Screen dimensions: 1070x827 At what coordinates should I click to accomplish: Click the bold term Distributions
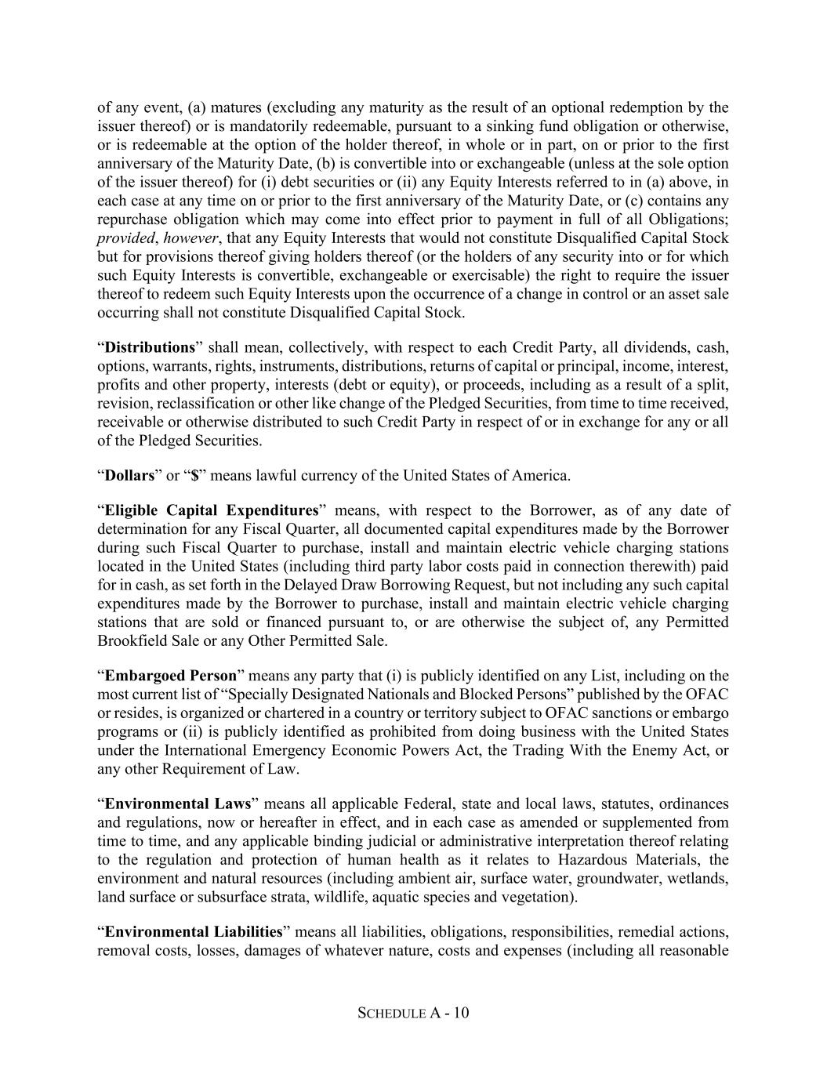(x=150, y=347)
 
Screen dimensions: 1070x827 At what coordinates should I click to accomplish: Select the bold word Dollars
(x=129, y=475)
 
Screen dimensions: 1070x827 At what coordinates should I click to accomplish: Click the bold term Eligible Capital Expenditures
(x=212, y=510)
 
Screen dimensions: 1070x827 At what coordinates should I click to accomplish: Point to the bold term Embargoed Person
(x=170, y=676)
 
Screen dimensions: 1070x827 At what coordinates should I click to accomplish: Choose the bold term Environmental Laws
(x=178, y=803)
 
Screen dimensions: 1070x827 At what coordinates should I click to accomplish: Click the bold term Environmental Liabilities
(x=193, y=932)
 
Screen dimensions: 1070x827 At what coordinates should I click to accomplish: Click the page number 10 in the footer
(x=461, y=1013)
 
